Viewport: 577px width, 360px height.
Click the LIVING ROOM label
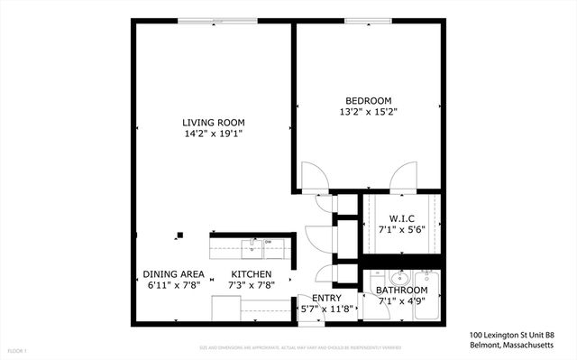tap(213, 122)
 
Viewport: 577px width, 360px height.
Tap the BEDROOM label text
tap(368, 100)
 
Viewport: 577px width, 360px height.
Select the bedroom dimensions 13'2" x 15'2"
tap(368, 112)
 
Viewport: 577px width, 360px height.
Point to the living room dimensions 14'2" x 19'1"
tap(213, 134)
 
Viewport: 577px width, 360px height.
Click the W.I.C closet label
tap(401, 218)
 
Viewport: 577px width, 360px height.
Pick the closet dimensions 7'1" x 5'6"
tap(401, 230)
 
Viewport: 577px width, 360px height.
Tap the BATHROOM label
tap(401, 291)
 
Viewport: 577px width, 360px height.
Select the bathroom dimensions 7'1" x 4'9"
tap(401, 301)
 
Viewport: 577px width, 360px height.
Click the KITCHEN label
tap(251, 274)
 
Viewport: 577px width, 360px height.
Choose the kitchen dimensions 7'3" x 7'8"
tap(251, 286)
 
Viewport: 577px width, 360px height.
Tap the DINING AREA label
tap(173, 274)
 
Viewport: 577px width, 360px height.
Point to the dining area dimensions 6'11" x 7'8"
tap(173, 286)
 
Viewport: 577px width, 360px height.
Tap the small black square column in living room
tap(179, 235)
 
